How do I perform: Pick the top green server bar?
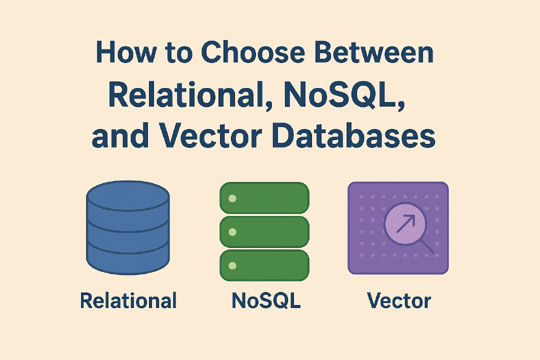point(264,198)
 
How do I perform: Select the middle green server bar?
point(264,231)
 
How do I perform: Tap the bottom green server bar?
point(264,265)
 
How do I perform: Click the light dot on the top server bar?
point(232,198)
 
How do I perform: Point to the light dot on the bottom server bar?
point(232,265)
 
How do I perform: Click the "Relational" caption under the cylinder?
point(128,300)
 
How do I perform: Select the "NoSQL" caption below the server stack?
point(266,300)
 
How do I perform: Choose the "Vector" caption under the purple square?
point(398,300)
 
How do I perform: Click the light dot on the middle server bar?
point(232,232)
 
